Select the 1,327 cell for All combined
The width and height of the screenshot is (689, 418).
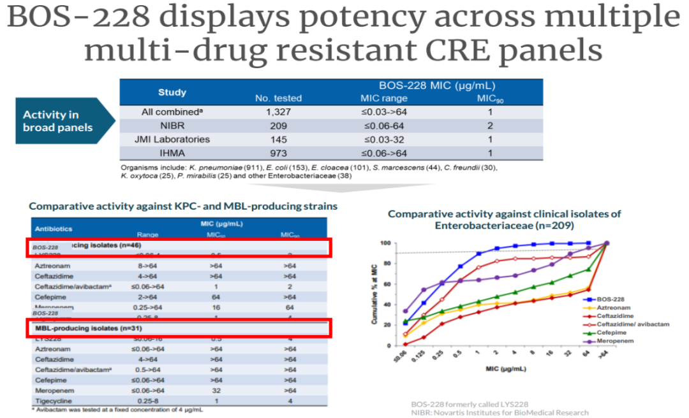278,112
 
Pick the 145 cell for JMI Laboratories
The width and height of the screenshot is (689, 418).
278,140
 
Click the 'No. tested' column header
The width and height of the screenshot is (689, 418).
278,98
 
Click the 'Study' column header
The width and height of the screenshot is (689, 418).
172,92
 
